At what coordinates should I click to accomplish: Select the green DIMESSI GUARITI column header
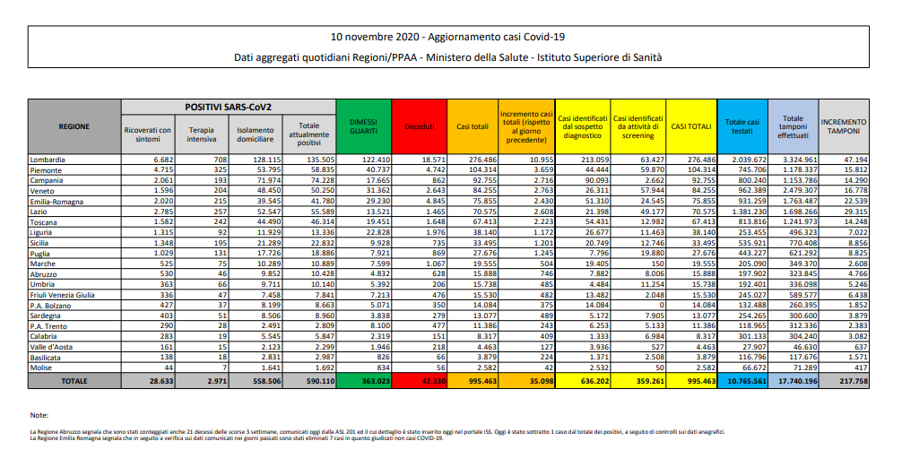[x=362, y=126]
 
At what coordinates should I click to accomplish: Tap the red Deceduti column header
[x=418, y=126]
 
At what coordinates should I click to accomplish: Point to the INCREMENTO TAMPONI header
[x=843, y=126]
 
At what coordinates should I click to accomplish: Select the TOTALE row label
[x=74, y=380]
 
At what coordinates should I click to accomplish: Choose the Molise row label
[x=43, y=368]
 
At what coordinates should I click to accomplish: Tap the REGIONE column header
[x=74, y=126]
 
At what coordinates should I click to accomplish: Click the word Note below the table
[x=39, y=416]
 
